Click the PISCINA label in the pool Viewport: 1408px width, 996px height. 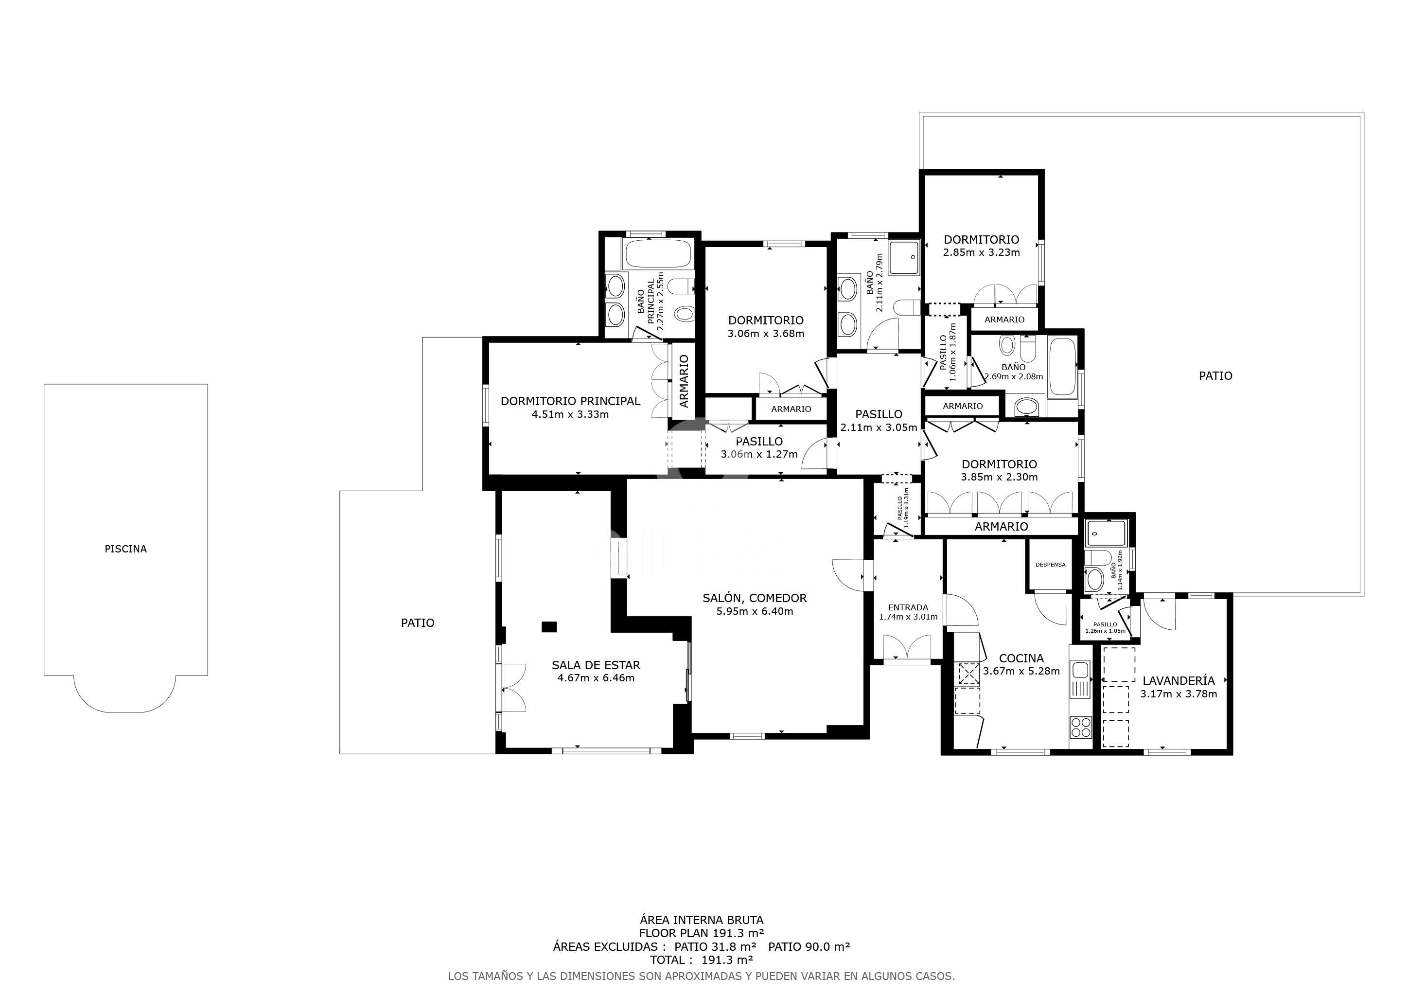coord(126,549)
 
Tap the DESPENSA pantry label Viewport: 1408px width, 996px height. coord(1051,565)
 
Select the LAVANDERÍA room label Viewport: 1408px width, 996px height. coord(1179,681)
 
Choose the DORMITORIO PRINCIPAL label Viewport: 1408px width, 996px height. coord(570,401)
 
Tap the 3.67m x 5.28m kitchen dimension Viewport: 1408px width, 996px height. coord(1021,672)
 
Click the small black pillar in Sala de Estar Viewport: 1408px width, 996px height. coord(549,627)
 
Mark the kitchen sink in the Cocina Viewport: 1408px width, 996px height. coord(1080,679)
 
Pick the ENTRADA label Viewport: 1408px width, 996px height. coord(908,608)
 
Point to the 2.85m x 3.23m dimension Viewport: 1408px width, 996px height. coord(981,253)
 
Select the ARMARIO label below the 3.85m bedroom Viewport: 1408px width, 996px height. coord(1002,527)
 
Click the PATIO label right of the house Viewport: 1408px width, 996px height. coord(1215,376)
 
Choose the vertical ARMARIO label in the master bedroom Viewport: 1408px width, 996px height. coord(684,381)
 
